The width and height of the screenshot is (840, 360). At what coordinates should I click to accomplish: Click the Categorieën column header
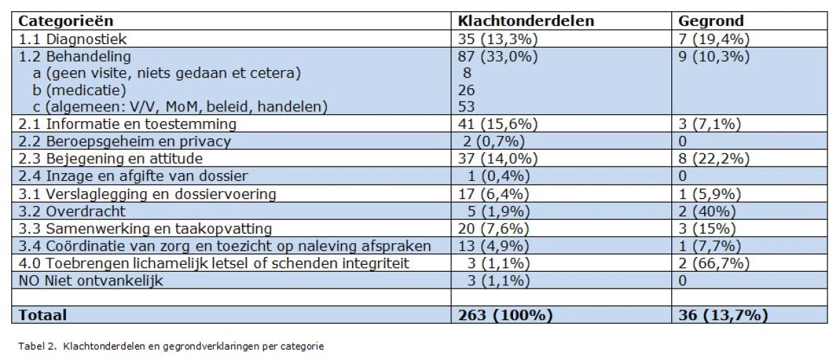(x=66, y=21)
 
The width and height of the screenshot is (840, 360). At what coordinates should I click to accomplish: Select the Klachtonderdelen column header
(x=526, y=21)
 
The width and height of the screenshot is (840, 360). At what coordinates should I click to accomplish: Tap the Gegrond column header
(x=710, y=21)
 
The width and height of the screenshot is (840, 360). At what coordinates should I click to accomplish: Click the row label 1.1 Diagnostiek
(x=72, y=39)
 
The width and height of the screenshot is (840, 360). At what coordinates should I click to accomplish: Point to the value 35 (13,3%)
(x=498, y=39)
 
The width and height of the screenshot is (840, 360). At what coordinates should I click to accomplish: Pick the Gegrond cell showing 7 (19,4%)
(x=713, y=39)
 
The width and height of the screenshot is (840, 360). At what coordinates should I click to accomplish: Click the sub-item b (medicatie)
(x=79, y=90)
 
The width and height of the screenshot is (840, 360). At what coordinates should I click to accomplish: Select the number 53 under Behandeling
(x=466, y=107)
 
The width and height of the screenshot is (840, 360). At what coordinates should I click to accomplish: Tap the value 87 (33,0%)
(x=498, y=57)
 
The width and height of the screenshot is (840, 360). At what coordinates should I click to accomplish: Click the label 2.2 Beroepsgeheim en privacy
(x=125, y=141)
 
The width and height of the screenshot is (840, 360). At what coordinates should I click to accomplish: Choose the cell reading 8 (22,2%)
(x=713, y=159)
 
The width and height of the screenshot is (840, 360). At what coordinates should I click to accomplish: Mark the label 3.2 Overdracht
(x=71, y=212)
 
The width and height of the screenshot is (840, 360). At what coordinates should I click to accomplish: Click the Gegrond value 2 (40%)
(x=707, y=212)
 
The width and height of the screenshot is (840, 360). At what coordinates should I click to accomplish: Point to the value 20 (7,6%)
(x=493, y=228)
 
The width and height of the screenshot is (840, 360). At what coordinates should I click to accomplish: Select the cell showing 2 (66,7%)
(x=713, y=263)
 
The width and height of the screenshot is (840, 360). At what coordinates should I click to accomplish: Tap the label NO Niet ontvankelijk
(x=91, y=281)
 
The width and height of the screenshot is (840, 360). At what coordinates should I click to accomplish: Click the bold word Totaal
(x=43, y=315)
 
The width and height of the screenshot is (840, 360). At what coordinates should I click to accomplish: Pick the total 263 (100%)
(x=505, y=315)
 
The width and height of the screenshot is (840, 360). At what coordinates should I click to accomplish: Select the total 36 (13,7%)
(x=723, y=315)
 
